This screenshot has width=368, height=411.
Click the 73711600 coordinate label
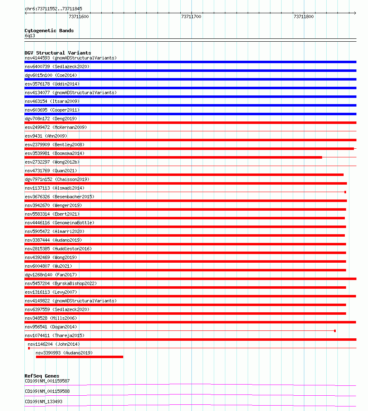79,17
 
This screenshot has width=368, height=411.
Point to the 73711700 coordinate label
191,17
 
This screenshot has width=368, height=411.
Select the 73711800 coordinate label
303,17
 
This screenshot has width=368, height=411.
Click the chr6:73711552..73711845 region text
53,9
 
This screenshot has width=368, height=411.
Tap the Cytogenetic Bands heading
49,31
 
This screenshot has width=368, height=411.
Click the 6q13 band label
30,36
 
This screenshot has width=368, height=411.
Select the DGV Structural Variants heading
57,53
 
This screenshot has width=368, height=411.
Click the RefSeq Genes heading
42,376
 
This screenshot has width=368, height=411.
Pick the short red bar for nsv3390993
79,357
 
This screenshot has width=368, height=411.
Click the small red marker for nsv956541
335,331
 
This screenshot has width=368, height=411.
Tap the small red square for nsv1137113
345,192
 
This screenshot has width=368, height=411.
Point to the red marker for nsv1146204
29,348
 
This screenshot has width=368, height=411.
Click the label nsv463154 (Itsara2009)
52,101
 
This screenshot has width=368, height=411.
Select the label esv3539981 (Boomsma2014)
55,153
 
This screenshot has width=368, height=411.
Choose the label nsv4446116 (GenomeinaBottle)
60,223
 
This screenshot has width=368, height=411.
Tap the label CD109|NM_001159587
47,381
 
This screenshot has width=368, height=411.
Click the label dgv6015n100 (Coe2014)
51,75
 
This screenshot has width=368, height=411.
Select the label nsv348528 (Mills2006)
51,318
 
